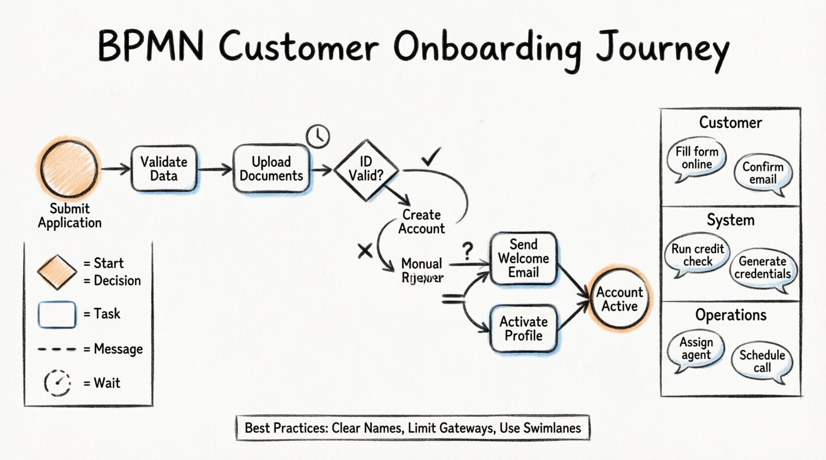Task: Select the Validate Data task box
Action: point(164,169)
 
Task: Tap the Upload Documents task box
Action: point(271,169)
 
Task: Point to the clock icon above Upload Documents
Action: point(318,136)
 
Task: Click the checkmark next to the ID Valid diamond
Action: point(430,158)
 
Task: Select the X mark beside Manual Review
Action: point(365,251)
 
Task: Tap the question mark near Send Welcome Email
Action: point(468,251)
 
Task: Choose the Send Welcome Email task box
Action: point(523,258)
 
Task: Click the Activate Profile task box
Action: point(523,329)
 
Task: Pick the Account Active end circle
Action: point(619,299)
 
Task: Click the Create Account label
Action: point(421,222)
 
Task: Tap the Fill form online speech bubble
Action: point(696,158)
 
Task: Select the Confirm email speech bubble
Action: point(762,173)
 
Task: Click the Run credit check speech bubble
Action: point(697,255)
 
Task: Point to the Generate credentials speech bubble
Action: point(762,268)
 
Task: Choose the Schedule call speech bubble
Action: point(762,361)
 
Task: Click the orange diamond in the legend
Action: point(57,272)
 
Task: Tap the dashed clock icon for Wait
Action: point(58,383)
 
